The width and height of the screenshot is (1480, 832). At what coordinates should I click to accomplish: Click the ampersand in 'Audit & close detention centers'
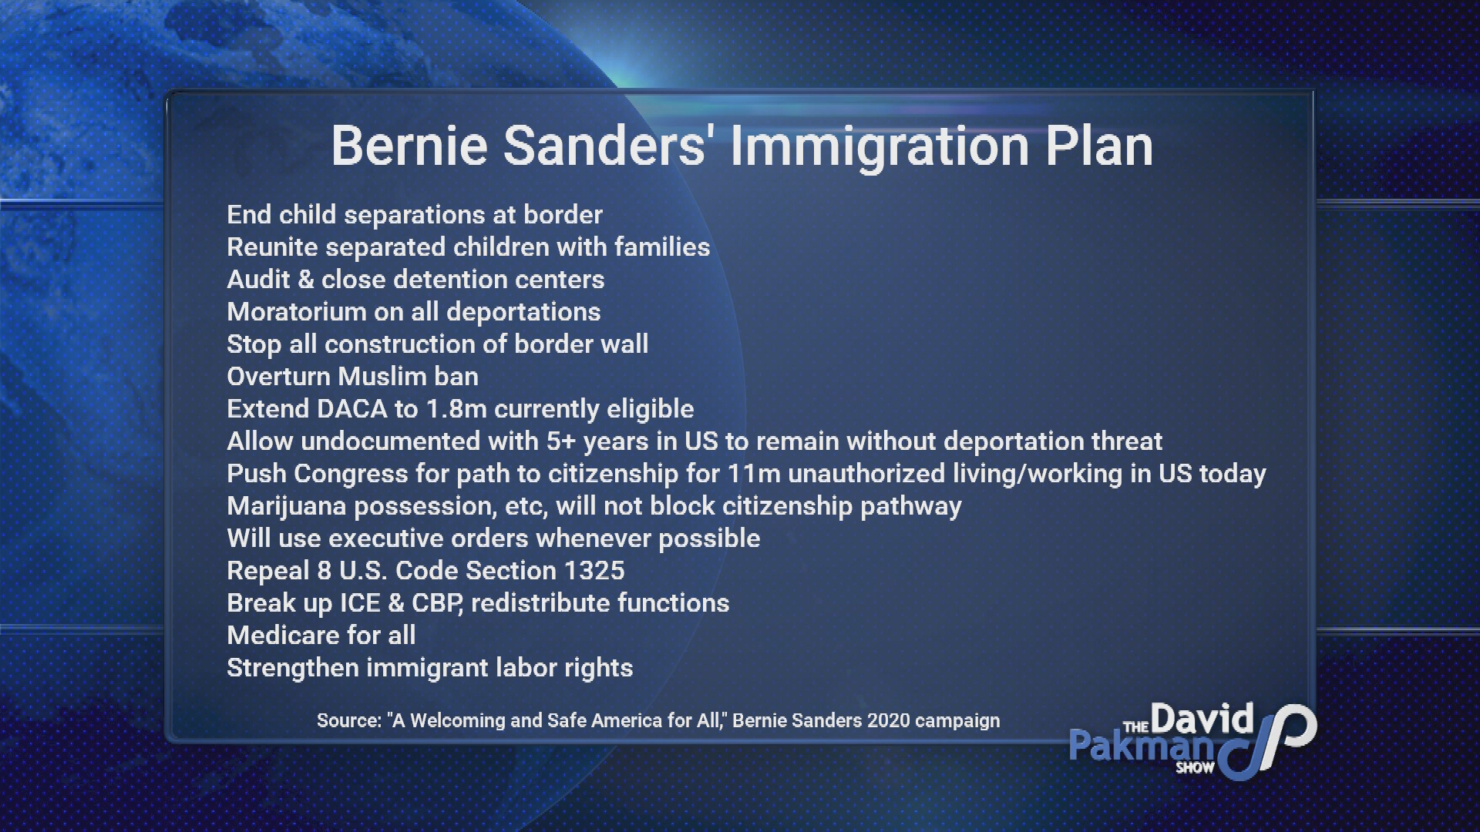pyautogui.click(x=306, y=279)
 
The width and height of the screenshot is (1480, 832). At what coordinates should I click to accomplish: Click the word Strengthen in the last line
pyautogui.click(x=293, y=668)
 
